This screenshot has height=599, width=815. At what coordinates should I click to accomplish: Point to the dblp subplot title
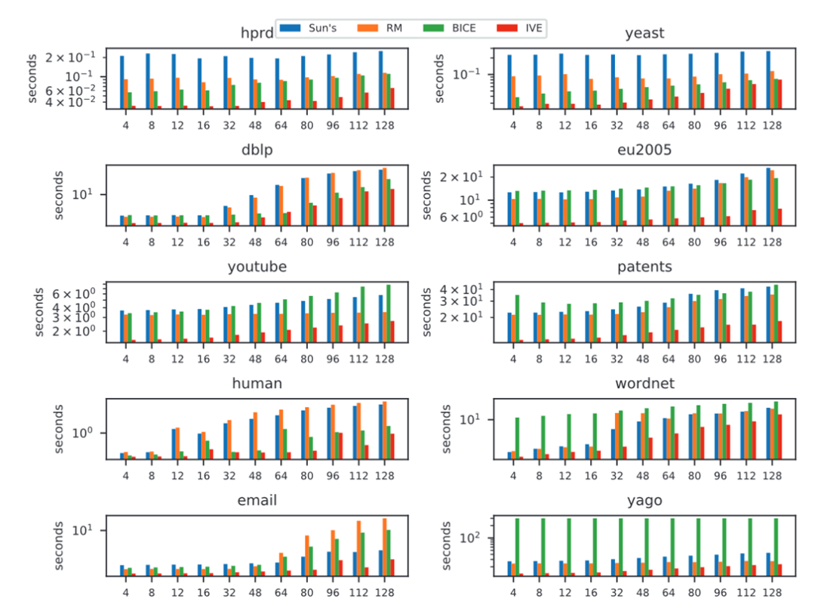pos(257,150)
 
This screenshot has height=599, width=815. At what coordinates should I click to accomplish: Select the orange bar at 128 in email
pos(384,547)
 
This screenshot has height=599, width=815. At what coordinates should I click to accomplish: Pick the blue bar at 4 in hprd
pos(122,82)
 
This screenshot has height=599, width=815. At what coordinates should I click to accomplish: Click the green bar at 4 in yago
pos(517,547)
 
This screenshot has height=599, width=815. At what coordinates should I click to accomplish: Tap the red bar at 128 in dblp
pos(392,206)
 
